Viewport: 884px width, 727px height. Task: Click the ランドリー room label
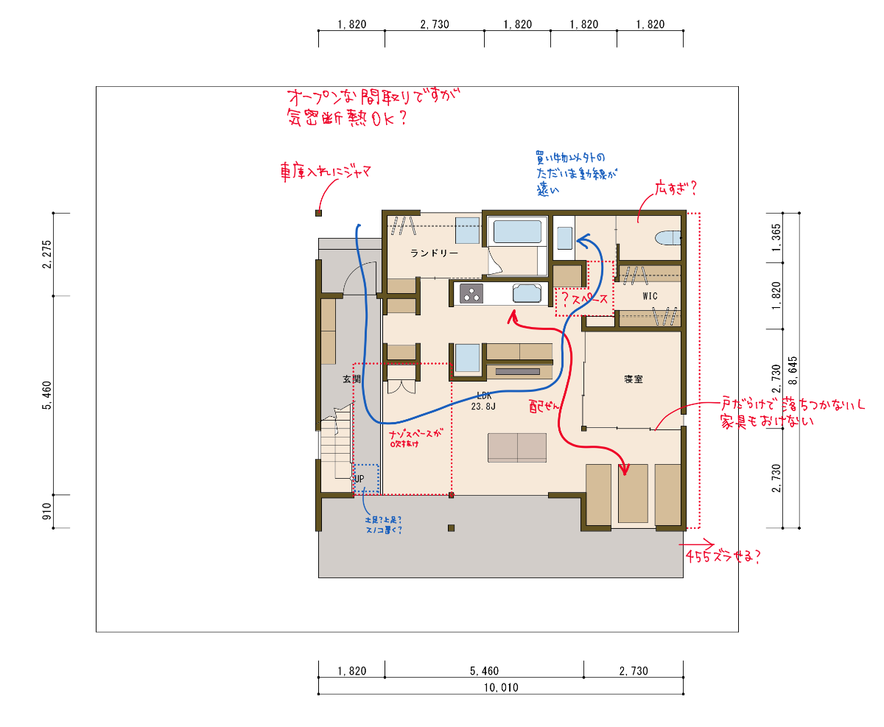pyautogui.click(x=434, y=253)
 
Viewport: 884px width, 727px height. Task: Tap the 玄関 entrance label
pyautogui.click(x=351, y=379)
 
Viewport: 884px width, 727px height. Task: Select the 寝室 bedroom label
pyautogui.click(x=634, y=379)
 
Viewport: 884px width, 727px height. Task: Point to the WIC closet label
pyautogui.click(x=650, y=296)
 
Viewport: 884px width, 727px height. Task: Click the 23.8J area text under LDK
pyautogui.click(x=483, y=405)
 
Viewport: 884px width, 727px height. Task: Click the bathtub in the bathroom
pyautogui.click(x=518, y=232)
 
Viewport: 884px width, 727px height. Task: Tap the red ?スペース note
pyautogui.click(x=584, y=300)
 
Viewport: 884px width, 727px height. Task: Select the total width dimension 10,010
pyautogui.click(x=500, y=687)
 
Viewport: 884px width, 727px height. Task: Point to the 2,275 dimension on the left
pyautogui.click(x=46, y=254)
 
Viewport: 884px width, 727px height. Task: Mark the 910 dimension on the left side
pyautogui.click(x=46, y=511)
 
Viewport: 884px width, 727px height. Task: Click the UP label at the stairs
pyautogui.click(x=359, y=479)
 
